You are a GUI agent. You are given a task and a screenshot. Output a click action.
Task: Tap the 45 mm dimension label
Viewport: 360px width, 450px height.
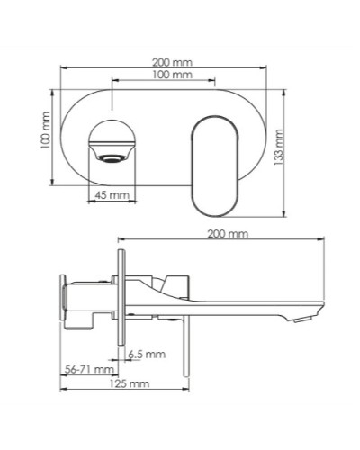[x=112, y=194]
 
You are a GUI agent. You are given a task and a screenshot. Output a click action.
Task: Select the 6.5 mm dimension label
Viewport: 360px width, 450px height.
[x=148, y=353]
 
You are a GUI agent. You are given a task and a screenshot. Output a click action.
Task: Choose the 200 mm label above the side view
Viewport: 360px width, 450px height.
[x=225, y=234]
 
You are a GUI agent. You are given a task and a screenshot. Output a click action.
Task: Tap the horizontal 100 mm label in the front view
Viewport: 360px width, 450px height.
[x=171, y=76]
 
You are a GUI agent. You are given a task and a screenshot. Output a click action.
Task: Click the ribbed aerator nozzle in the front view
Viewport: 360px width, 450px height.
[x=112, y=158]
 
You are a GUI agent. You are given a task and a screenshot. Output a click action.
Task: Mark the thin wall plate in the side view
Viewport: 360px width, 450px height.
[x=121, y=296]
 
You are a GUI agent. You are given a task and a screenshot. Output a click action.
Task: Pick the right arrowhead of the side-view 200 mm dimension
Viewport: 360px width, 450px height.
[x=321, y=240]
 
